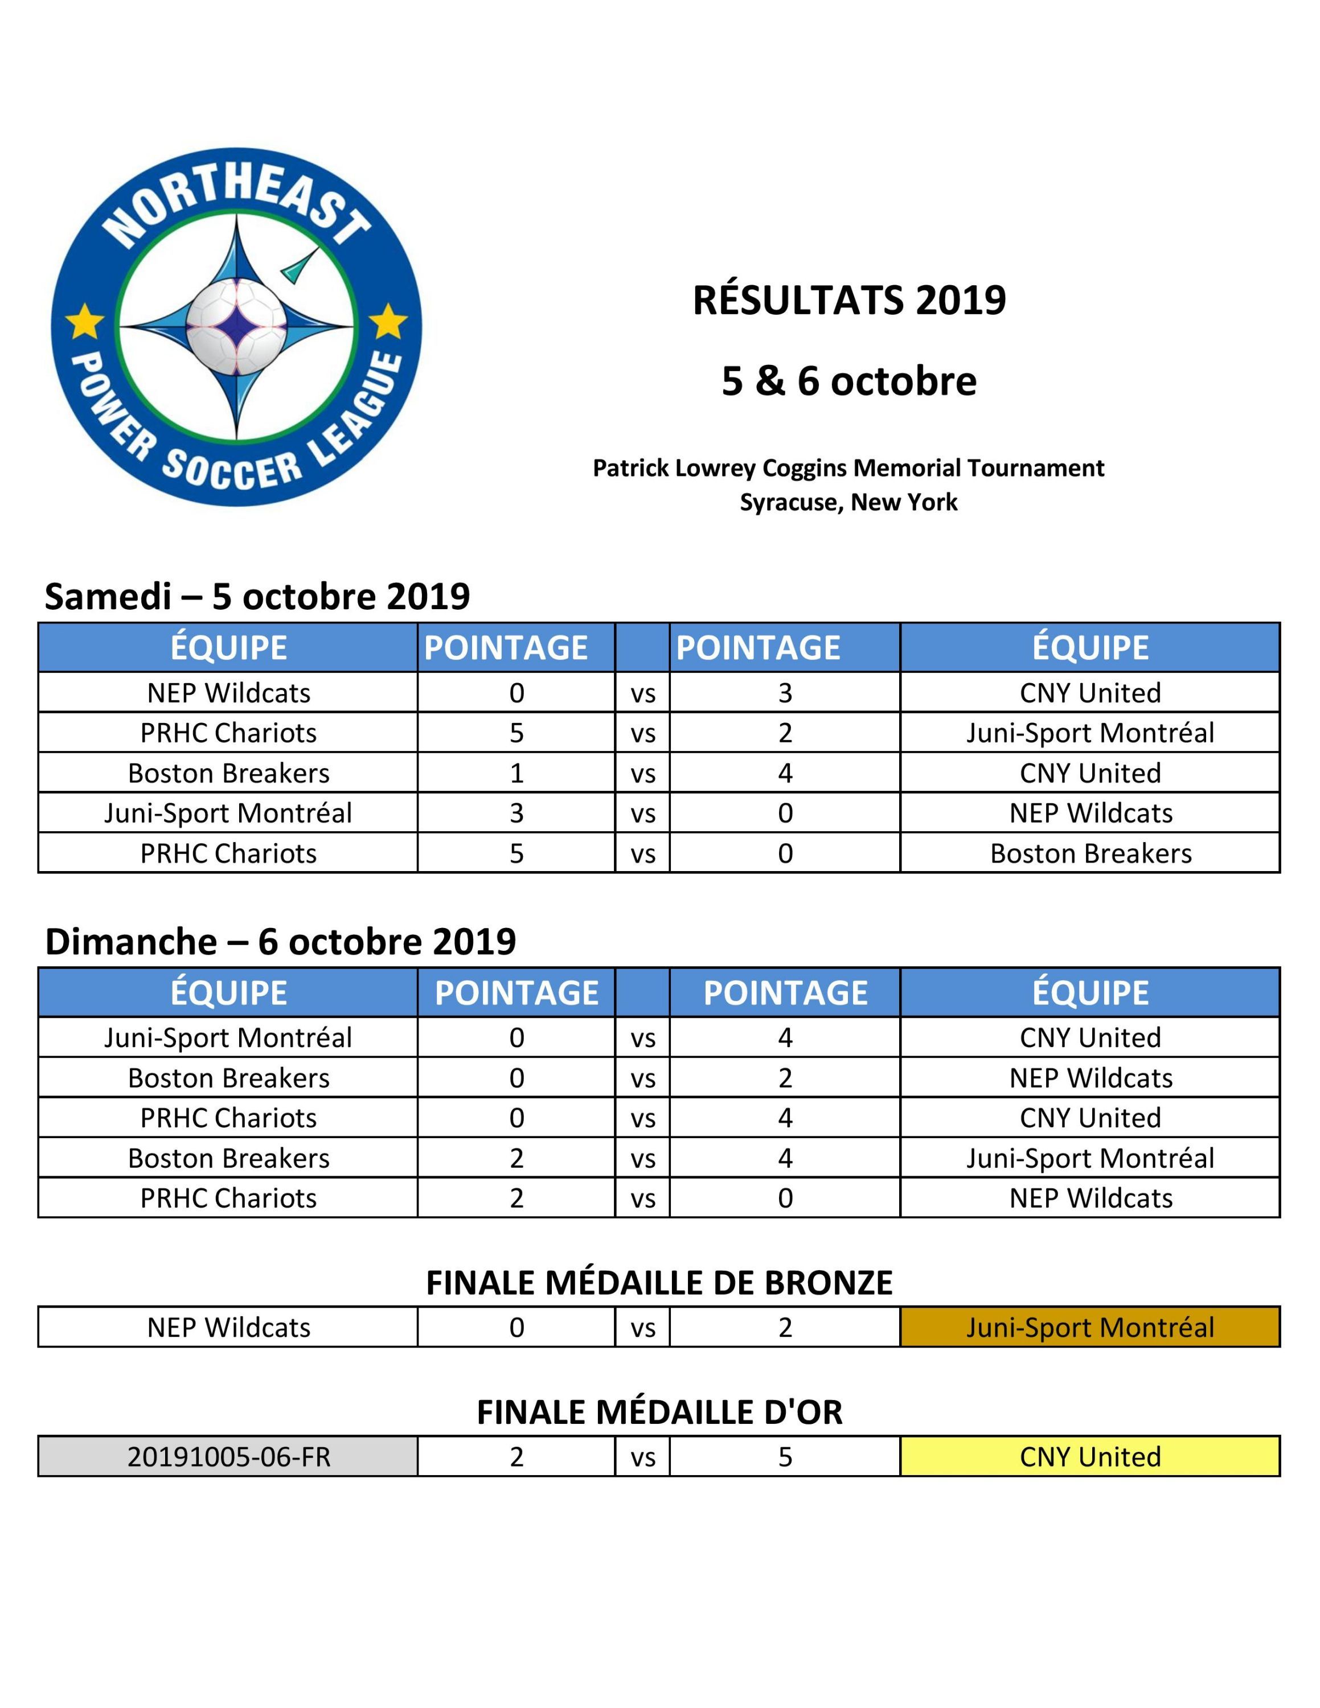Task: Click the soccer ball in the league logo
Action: pos(237,326)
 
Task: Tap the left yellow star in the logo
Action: pos(84,322)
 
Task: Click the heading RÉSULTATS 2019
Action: pos(848,300)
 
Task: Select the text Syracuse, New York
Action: pos(848,502)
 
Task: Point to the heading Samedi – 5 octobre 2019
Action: pos(257,597)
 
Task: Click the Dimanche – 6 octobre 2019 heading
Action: pos(280,942)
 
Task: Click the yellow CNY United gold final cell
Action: pos(1089,1457)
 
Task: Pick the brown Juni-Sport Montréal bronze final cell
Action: pos(1089,1327)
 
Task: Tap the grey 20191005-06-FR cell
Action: pos(228,1457)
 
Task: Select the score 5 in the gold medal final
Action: pos(785,1457)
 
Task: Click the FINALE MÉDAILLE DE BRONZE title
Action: pos(659,1283)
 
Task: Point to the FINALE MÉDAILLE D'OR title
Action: pos(659,1413)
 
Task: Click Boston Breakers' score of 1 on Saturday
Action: pos(516,774)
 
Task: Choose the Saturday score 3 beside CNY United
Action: pos(785,693)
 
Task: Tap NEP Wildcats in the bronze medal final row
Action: pos(228,1327)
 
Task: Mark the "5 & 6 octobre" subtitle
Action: pos(848,381)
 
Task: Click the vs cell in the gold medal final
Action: pos(643,1457)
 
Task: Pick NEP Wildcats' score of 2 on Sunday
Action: pos(785,1078)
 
